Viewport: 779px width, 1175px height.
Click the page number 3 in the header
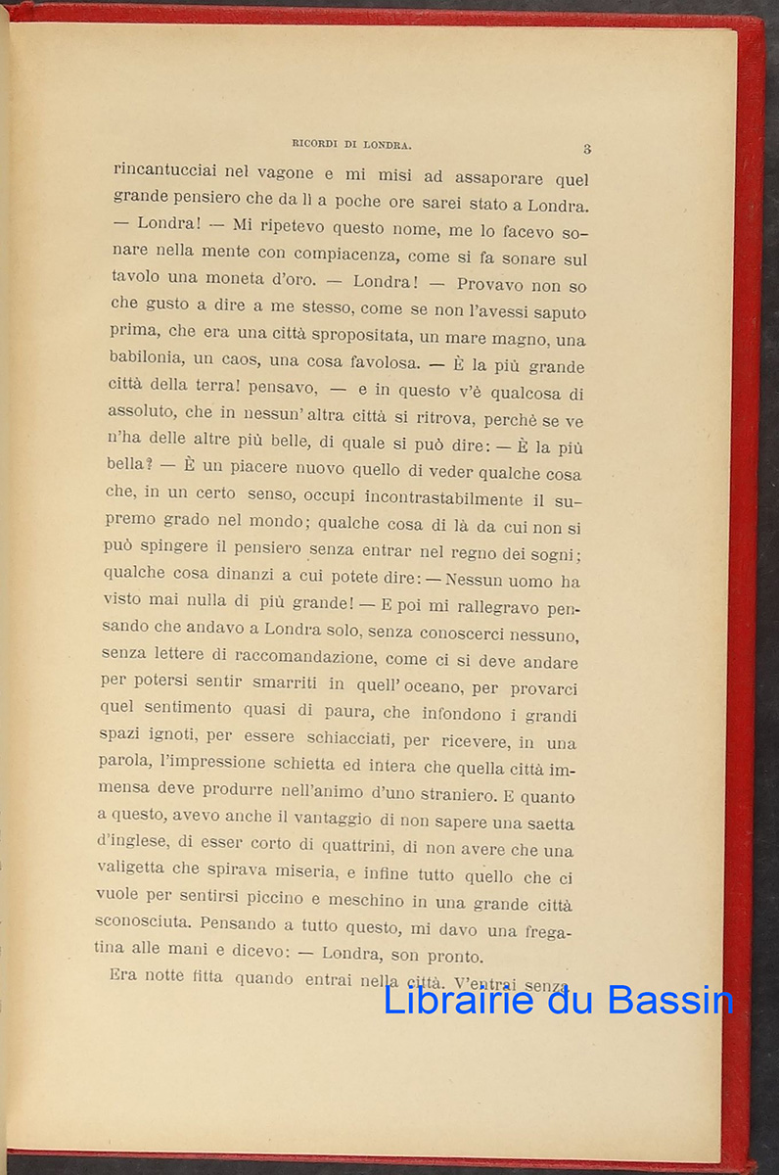pyautogui.click(x=586, y=150)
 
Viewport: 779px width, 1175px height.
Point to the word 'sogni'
pyautogui.click(x=553, y=555)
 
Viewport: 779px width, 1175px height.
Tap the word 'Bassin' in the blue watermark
pyautogui.click(x=669, y=1000)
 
